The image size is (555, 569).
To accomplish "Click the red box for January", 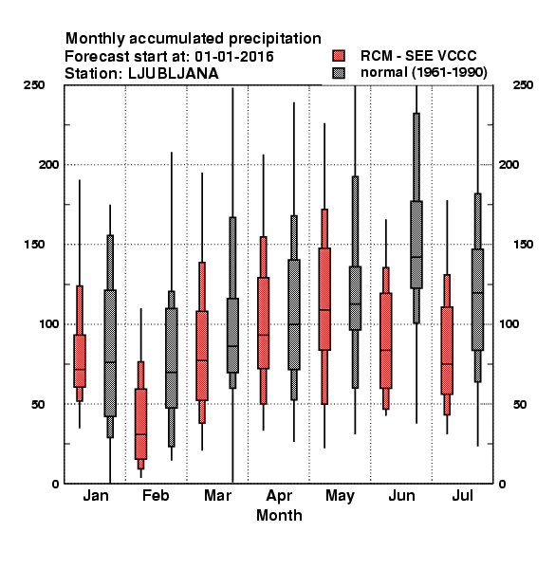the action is pyautogui.click(x=80, y=360).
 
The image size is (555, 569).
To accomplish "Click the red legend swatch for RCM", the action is pyautogui.click(x=339, y=56).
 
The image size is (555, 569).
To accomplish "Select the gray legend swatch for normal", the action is pyautogui.click(x=339, y=73).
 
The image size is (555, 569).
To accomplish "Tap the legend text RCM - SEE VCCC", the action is pyautogui.click(x=418, y=56).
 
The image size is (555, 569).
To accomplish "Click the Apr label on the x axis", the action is pyautogui.click(x=279, y=496).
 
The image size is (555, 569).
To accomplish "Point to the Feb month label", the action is pyautogui.click(x=156, y=495).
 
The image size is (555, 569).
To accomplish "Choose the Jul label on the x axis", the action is pyautogui.click(x=462, y=495).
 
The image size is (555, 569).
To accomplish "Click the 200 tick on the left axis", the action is pyautogui.click(x=48, y=164).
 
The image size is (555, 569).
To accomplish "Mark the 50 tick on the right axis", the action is pyautogui.click(x=520, y=404).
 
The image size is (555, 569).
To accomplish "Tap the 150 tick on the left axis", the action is pyautogui.click(x=34, y=245).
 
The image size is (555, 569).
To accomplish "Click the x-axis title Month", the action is pyautogui.click(x=279, y=515).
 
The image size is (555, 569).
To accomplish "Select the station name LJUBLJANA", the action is pyautogui.click(x=174, y=74).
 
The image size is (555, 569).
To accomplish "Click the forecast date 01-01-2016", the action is pyautogui.click(x=234, y=57).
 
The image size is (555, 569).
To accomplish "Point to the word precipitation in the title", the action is pyautogui.click(x=275, y=39).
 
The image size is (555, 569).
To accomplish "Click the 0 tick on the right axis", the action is pyautogui.click(x=502, y=484).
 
